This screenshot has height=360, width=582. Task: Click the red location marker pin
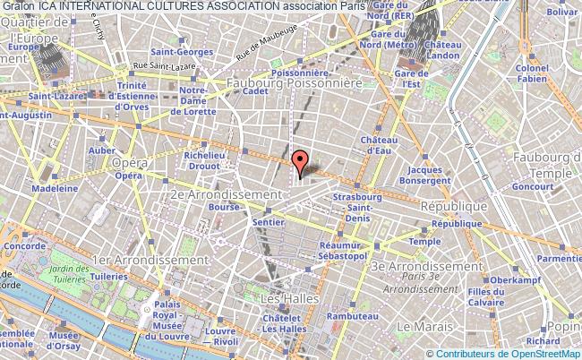[x=301, y=161]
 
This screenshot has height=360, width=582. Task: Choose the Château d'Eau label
[x=378, y=146]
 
